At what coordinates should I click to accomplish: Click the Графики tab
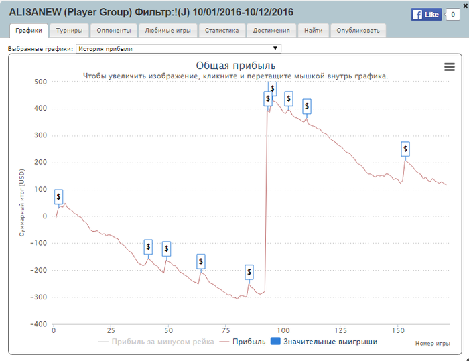pos(29,30)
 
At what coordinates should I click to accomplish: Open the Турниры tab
pos(70,30)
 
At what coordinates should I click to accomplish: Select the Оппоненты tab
pos(114,30)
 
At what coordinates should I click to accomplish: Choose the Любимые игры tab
pos(168,30)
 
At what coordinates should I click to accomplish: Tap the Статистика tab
pos(222,30)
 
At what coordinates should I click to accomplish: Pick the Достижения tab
pos(271,30)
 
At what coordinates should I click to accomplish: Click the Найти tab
pos(312,30)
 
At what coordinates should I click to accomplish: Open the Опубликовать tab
pos(358,30)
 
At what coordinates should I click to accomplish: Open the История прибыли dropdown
pos(179,48)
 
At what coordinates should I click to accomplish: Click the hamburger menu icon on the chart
pos(449,66)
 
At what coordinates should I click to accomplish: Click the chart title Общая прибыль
pos(235,66)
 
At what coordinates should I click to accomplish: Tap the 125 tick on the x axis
pos(340,330)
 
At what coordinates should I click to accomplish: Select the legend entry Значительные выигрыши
pos(325,342)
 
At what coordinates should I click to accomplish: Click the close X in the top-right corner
pos(464,4)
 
